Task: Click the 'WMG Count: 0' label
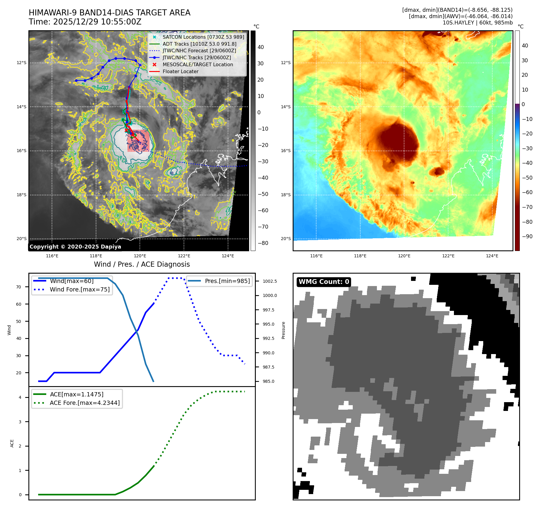coord(323,282)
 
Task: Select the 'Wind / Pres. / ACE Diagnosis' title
coord(142,264)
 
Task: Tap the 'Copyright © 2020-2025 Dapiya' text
coord(75,247)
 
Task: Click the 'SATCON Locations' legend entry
coord(203,37)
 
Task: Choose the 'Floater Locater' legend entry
coord(180,71)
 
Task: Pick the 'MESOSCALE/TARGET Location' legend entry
coord(198,64)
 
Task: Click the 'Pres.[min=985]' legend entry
coord(227,281)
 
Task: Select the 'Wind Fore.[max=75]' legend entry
coord(80,289)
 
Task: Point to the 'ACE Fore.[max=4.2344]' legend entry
coord(85,403)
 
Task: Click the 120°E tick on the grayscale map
coord(140,256)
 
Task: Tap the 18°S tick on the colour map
coord(286,195)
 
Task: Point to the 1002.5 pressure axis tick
coord(269,281)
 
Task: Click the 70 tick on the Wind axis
coord(19,287)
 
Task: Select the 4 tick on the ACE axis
coord(20,397)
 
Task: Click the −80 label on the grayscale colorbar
coord(262,243)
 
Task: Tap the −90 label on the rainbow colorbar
coord(527,236)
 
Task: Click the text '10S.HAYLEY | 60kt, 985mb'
coord(477,23)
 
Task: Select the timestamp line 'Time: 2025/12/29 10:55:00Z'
coord(85,22)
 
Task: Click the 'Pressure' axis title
coord(283,330)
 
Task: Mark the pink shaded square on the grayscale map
coord(138,141)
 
